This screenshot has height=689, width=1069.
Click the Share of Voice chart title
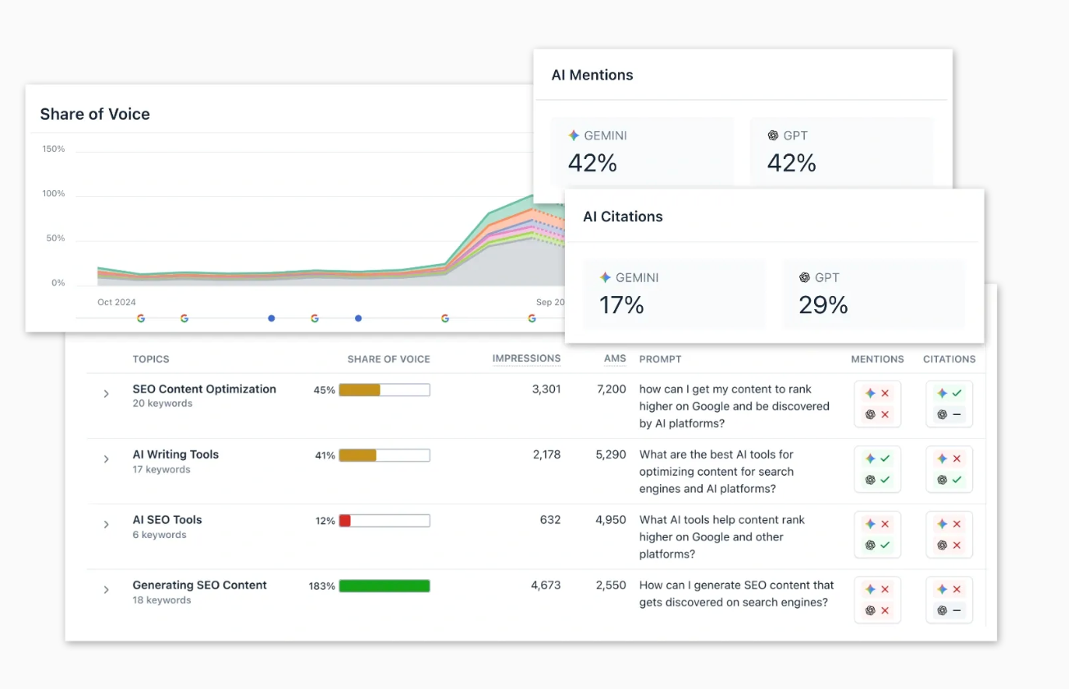tap(95, 114)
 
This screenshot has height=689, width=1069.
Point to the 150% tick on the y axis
tap(53, 149)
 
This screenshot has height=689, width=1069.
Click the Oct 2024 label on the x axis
tap(116, 302)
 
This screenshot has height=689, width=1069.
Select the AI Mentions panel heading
tap(592, 75)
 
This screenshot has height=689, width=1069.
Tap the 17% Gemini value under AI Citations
tap(621, 305)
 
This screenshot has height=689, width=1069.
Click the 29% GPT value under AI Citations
tap(823, 305)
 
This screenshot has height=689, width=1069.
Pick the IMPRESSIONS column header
tap(526, 358)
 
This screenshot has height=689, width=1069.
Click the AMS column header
tap(615, 358)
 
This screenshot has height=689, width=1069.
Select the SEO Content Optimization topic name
tap(204, 389)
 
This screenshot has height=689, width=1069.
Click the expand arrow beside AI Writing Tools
tap(106, 459)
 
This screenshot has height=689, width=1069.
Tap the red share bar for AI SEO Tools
tap(345, 521)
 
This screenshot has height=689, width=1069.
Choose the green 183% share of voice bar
tap(384, 586)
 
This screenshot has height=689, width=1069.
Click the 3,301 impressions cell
tap(546, 389)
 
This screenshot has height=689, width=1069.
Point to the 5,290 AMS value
tap(611, 454)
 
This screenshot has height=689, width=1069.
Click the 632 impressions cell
tap(550, 520)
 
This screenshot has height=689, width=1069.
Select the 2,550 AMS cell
tap(611, 586)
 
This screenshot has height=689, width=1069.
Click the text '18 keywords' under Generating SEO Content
tap(161, 600)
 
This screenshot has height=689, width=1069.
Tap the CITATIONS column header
tap(949, 359)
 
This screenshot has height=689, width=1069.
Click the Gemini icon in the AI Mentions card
tap(574, 136)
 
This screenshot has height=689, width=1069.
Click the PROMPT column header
tap(660, 359)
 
